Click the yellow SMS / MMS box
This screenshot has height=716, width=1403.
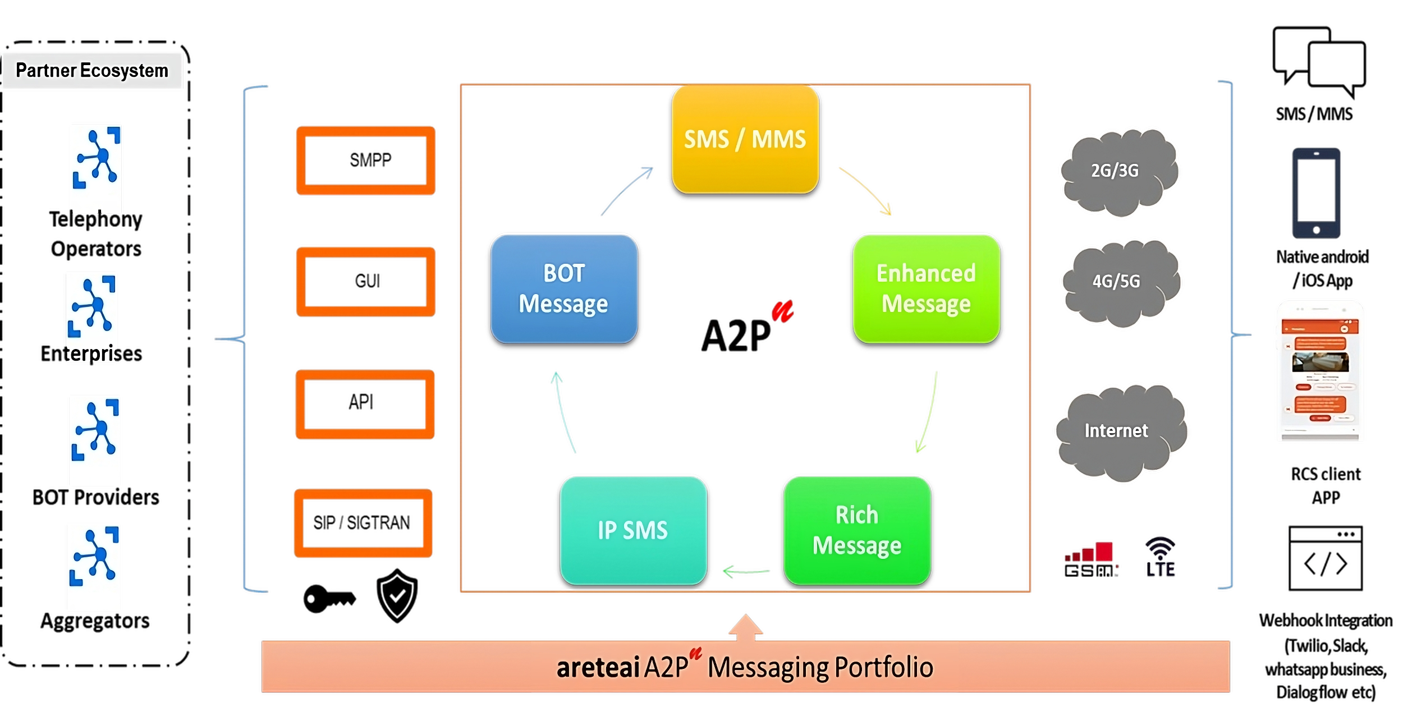coord(745,140)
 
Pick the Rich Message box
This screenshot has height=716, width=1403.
coord(857,530)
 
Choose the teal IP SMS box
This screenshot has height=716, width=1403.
coord(633,530)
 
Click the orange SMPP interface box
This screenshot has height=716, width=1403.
coord(366,161)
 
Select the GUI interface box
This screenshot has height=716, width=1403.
coord(366,281)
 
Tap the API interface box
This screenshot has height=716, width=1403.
coord(365,403)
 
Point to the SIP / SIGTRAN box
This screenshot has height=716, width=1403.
coord(363,523)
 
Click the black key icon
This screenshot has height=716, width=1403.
coord(328,599)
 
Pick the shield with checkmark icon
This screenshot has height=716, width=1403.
coord(397,595)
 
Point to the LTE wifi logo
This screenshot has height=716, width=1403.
coord(1159,557)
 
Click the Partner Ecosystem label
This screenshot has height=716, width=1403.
coord(92,71)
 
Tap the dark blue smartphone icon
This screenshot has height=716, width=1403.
coord(1316,193)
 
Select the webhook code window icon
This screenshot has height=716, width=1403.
coord(1326,558)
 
